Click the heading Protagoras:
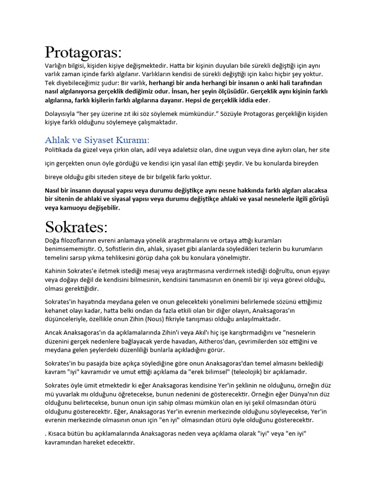click(x=83, y=52)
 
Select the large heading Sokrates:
click(x=76, y=227)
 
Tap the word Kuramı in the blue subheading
click(x=130, y=140)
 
